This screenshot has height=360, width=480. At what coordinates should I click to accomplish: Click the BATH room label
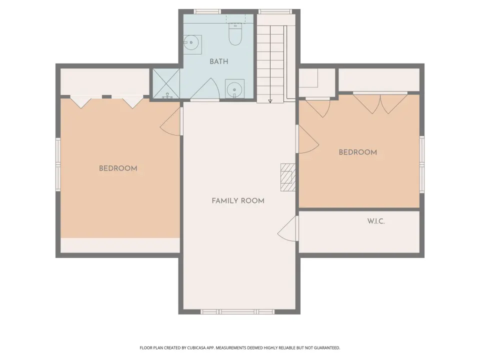(x=219, y=61)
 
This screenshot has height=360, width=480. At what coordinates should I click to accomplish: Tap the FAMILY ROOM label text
(x=238, y=201)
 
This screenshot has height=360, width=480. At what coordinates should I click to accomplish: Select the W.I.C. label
(x=376, y=221)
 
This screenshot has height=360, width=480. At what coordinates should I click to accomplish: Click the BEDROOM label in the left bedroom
(x=118, y=168)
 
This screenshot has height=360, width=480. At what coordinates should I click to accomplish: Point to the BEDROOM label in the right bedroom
(x=357, y=152)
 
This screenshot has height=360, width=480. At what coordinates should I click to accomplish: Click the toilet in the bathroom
(x=235, y=34)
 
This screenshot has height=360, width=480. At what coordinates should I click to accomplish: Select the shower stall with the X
(x=166, y=83)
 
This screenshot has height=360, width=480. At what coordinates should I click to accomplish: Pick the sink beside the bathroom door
(x=235, y=89)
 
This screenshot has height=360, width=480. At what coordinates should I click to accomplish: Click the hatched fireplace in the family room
(x=288, y=177)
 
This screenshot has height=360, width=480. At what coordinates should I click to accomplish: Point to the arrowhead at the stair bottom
(x=270, y=101)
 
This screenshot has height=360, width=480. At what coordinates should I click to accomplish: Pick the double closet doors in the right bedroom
(x=380, y=103)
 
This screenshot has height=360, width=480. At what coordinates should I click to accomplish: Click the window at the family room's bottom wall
(x=237, y=311)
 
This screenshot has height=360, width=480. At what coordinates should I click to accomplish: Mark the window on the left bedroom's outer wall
(x=58, y=164)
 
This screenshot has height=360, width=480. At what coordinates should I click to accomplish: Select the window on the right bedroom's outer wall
(x=422, y=164)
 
